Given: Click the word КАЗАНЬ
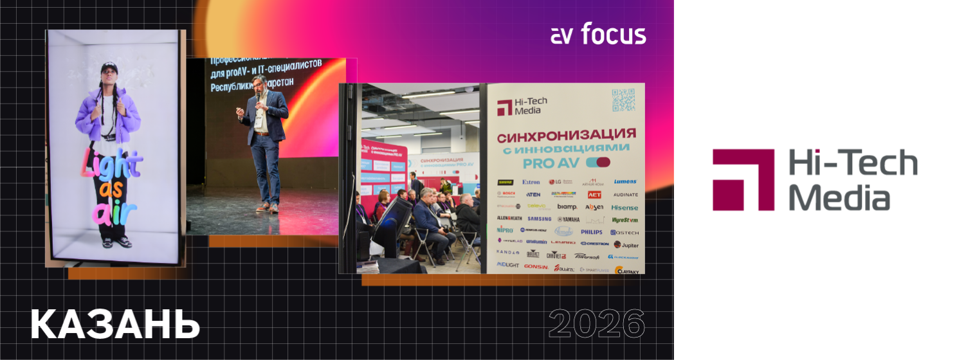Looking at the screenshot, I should pyautogui.click(x=115, y=324).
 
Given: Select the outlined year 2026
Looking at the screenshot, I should pyautogui.click(x=597, y=324).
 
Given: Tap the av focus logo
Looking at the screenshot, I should pyautogui.click(x=598, y=35).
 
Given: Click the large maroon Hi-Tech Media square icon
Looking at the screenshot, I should pyautogui.click(x=743, y=180).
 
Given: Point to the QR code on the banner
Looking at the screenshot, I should pyautogui.click(x=623, y=100).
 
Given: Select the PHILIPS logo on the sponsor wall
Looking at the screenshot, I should pyautogui.click(x=591, y=231).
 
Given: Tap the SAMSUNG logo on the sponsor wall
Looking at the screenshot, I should pyautogui.click(x=539, y=219).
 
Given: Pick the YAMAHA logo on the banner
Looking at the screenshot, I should pyautogui.click(x=568, y=219).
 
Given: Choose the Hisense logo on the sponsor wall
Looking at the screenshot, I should pyautogui.click(x=624, y=208).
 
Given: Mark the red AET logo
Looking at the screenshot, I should pyautogui.click(x=594, y=194).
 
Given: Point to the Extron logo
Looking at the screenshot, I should pyautogui.click(x=531, y=182).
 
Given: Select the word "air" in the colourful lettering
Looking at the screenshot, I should pyautogui.click(x=108, y=213).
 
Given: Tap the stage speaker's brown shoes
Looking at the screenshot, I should pyautogui.click(x=268, y=207).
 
